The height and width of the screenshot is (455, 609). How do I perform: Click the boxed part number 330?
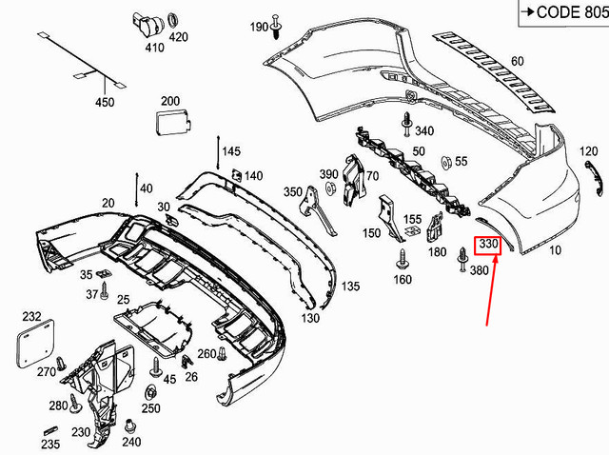[488, 245]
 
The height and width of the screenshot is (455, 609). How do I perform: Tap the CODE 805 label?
[565, 12]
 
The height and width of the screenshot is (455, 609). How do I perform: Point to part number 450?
[104, 102]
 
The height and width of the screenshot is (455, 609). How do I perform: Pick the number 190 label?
[260, 27]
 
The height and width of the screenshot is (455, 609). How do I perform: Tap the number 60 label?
[517, 62]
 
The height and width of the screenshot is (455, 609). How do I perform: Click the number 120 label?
[588, 151]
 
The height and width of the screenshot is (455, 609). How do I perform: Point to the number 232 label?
[31, 316]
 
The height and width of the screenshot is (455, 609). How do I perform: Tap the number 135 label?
[350, 286]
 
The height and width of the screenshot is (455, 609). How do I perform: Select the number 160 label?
[402, 280]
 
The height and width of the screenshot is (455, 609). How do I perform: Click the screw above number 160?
[402, 257]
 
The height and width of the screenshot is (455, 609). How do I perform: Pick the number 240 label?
[131, 441]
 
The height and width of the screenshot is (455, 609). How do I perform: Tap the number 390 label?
[328, 174]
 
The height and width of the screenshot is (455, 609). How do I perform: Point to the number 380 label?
[479, 269]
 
